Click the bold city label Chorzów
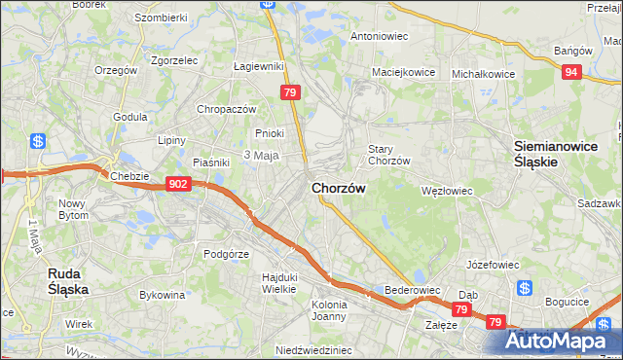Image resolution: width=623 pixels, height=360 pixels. [x=339, y=188]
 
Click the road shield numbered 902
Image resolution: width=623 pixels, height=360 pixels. [x=177, y=183]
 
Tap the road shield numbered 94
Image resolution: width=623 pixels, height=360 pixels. [x=573, y=71]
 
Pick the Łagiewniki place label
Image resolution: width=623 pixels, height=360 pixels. [x=258, y=66]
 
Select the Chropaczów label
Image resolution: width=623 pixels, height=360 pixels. [x=226, y=109]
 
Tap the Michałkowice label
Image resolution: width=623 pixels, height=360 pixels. [x=483, y=73]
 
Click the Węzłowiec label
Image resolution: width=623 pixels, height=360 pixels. [x=446, y=191]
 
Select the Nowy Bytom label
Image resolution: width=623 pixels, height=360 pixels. [x=74, y=209]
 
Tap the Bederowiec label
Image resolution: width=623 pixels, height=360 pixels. [x=414, y=290]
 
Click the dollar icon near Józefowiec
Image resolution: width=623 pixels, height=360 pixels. [x=524, y=288]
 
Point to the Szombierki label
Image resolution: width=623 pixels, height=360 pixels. [x=161, y=18]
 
